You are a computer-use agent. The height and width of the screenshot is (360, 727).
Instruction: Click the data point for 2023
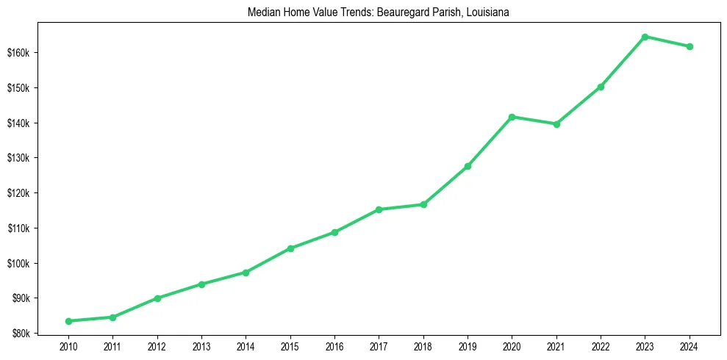645,37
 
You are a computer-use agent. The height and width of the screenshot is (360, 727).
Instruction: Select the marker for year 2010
68,321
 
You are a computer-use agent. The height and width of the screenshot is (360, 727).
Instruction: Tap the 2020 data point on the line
512,117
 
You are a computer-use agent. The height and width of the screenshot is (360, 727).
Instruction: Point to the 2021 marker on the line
556,124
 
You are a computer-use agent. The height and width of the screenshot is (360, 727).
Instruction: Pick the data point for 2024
690,47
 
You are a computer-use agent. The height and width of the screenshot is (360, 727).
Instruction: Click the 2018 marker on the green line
423,204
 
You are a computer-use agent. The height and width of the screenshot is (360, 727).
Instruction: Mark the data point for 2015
290,248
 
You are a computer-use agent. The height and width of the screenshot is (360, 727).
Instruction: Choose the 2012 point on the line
157,298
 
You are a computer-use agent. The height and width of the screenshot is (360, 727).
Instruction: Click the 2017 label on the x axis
379,346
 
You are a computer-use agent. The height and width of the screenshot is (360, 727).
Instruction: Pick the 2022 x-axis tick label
601,346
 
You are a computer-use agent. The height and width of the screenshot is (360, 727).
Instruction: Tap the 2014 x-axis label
246,346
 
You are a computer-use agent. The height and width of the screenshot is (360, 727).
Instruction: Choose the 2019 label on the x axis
468,346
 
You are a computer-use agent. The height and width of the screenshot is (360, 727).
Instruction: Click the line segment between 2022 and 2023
623,62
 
